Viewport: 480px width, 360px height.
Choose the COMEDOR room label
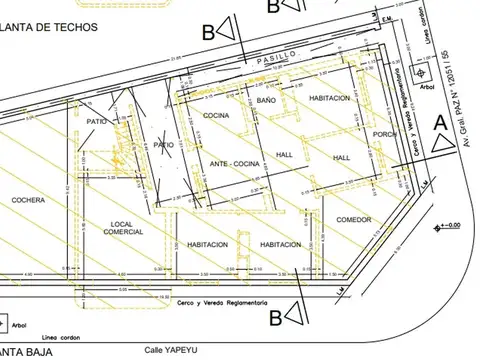click(353, 219)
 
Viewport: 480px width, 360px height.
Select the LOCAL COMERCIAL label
click(121, 227)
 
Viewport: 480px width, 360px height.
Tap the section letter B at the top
click(207, 31)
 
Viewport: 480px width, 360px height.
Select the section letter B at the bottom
click(274, 318)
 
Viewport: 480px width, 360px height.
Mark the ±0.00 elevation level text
click(453, 227)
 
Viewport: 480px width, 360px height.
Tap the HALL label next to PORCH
click(341, 158)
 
